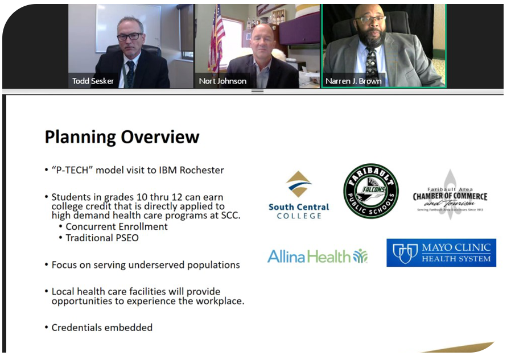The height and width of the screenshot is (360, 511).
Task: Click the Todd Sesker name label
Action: point(93,81)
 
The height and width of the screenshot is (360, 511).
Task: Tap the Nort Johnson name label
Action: point(222,81)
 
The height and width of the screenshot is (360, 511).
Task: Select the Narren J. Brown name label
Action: point(353,81)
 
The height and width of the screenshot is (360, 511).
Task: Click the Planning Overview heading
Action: point(122,137)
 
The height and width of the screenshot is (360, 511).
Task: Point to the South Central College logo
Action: point(299,195)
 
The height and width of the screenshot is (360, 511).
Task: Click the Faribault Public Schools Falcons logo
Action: point(371,191)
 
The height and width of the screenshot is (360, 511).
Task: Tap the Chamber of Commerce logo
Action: point(450,195)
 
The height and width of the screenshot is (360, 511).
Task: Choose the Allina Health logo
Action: point(318,256)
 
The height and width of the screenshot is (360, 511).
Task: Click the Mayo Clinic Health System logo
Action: point(441,253)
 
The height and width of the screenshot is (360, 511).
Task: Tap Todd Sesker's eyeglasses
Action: point(130,36)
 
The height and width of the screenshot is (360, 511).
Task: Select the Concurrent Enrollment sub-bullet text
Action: point(117,226)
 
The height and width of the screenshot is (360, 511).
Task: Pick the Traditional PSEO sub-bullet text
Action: point(102,238)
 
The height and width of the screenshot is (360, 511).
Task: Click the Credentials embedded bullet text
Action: point(102,328)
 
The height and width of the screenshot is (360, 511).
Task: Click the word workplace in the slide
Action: point(216,301)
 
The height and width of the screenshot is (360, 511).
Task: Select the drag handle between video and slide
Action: point(257,92)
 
